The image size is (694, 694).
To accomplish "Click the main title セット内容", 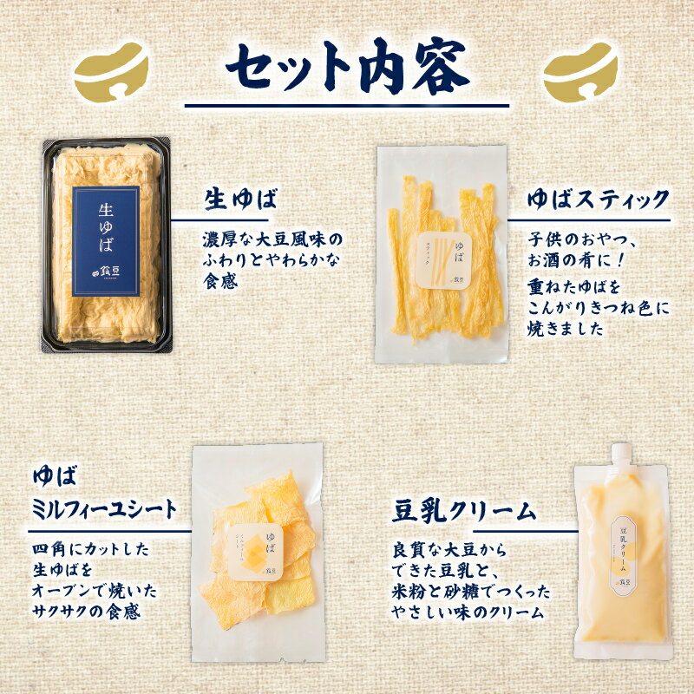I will click(x=347, y=68).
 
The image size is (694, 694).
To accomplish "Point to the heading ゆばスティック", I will click(x=599, y=200).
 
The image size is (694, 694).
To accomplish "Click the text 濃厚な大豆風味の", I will click(x=272, y=237).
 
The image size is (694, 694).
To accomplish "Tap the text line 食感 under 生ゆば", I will click(x=218, y=282).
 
